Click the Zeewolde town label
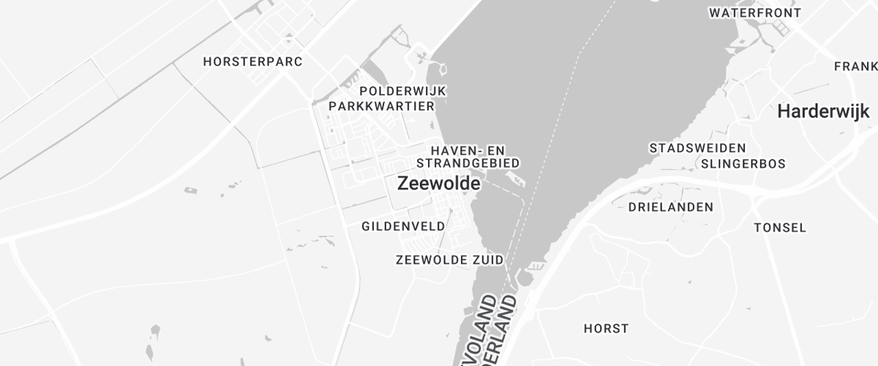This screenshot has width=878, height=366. pyautogui.click(x=438, y=184)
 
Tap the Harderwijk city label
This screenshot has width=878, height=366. pyautogui.click(x=823, y=112)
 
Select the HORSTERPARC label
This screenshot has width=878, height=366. pyautogui.click(x=252, y=62)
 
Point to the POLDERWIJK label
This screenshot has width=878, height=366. pyautogui.click(x=403, y=91)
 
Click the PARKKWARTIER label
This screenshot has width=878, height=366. pyautogui.click(x=382, y=106)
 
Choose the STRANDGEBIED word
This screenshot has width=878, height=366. pyautogui.click(x=467, y=163)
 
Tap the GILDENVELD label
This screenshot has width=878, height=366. pyautogui.click(x=403, y=227)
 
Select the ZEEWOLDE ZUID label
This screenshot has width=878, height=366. pyautogui.click(x=449, y=260)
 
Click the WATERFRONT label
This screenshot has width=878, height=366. pyautogui.click(x=755, y=13)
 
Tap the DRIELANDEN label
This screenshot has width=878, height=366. pyautogui.click(x=670, y=207)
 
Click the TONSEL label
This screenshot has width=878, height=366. pyautogui.click(x=780, y=228)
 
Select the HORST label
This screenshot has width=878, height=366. pyautogui.click(x=606, y=329)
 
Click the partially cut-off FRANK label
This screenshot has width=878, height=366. pyautogui.click(x=855, y=67)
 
